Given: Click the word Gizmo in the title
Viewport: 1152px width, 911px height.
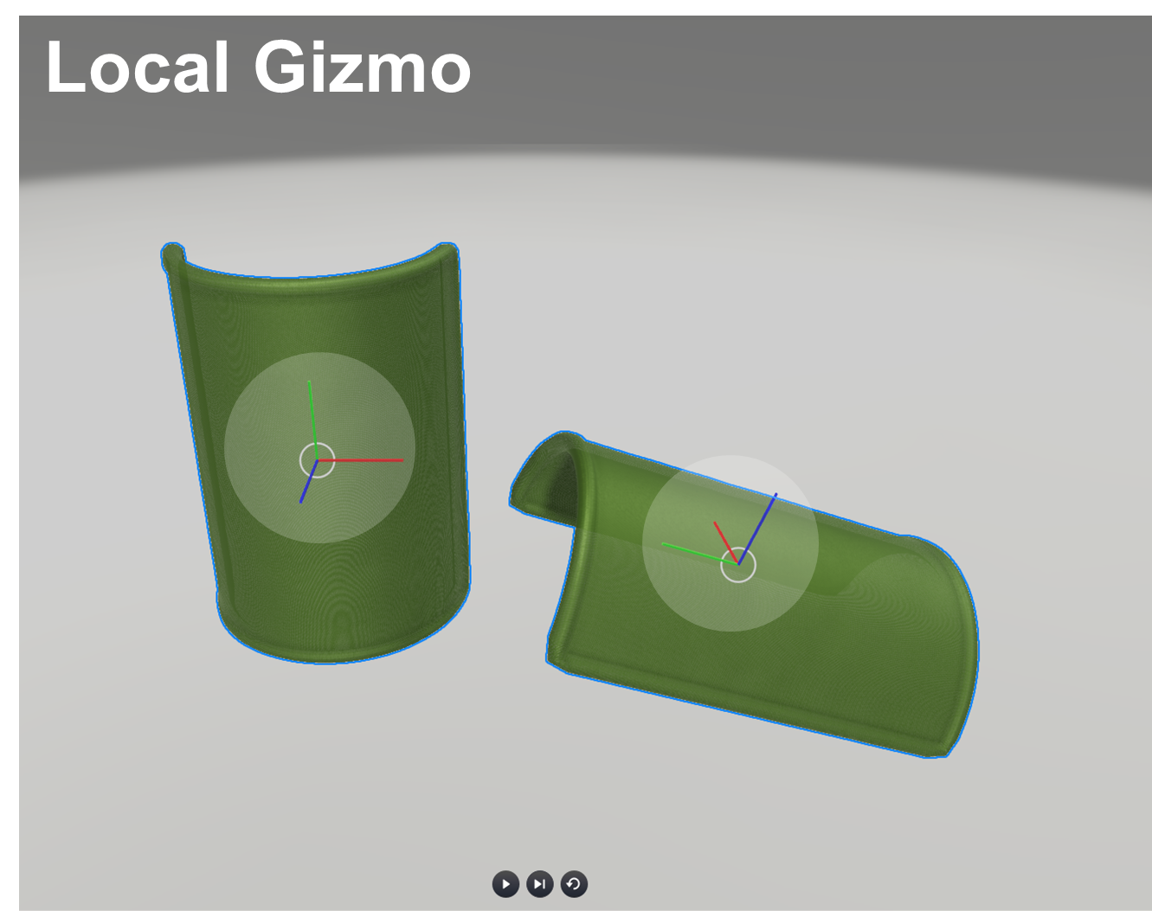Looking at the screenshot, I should pyautogui.click(x=362, y=67).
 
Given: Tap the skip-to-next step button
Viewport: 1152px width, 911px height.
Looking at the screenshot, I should pyautogui.click(x=539, y=884).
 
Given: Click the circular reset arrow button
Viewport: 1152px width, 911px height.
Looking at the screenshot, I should pyautogui.click(x=574, y=884).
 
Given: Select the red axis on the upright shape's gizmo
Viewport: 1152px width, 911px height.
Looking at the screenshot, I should pyautogui.click(x=372, y=460).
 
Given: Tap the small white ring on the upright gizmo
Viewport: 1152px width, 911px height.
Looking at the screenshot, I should pyautogui.click(x=318, y=460).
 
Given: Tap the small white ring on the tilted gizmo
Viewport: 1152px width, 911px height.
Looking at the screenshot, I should pyautogui.click(x=738, y=565).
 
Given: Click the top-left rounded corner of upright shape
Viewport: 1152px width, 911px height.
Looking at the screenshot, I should pyautogui.click(x=172, y=254).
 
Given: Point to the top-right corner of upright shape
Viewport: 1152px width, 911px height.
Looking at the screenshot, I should pyautogui.click(x=447, y=250).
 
